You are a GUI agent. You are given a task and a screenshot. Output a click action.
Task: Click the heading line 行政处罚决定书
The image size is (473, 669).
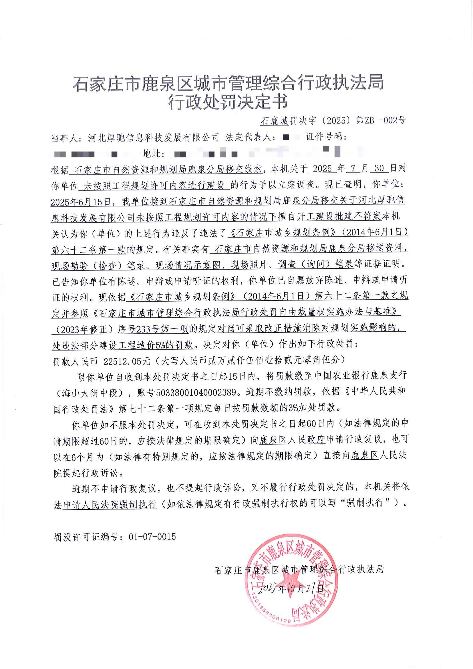point(228,102)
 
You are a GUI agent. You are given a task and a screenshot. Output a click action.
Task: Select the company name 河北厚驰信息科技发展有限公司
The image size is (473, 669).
point(154,138)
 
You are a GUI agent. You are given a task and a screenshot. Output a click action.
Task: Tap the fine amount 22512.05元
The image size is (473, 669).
point(127,361)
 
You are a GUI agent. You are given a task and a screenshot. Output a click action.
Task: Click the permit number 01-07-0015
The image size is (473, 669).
point(152,536)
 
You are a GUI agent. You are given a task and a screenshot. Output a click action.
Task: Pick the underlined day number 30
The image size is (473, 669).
point(379,168)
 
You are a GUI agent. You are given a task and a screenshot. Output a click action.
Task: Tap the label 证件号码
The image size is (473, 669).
point(325,137)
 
